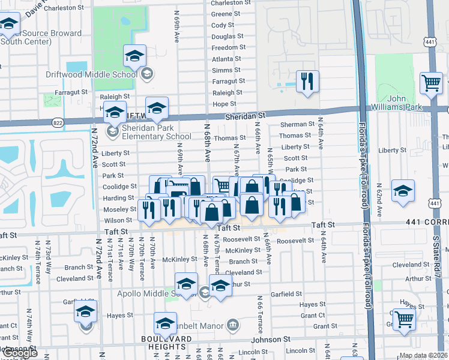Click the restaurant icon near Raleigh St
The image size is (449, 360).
308,82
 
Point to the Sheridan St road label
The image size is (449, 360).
246,115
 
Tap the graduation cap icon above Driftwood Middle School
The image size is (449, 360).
135,56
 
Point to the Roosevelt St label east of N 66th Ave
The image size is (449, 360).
295,241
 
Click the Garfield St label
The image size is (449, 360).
286,294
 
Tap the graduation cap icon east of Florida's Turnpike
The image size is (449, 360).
402,191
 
